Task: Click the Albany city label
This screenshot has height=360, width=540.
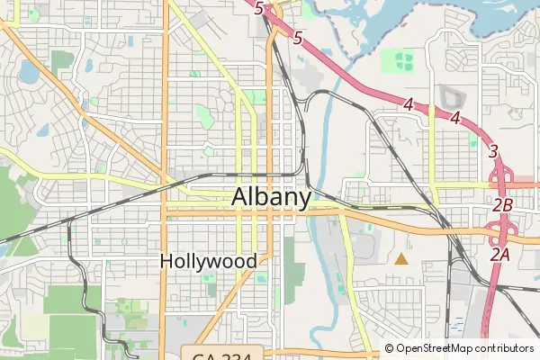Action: point(272,197)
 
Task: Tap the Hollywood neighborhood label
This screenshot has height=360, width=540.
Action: point(208,261)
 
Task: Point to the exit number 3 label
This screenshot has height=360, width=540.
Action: point(493,151)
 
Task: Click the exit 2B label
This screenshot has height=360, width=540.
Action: point(502,205)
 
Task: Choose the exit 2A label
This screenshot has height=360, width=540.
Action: point(499,256)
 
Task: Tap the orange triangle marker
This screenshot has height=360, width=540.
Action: point(400,259)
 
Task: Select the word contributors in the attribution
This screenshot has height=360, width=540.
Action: point(505,348)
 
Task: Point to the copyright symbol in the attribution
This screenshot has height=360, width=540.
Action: point(390,348)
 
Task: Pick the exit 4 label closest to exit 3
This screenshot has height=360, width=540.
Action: point(456,118)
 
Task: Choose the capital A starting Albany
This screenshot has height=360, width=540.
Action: point(240,197)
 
